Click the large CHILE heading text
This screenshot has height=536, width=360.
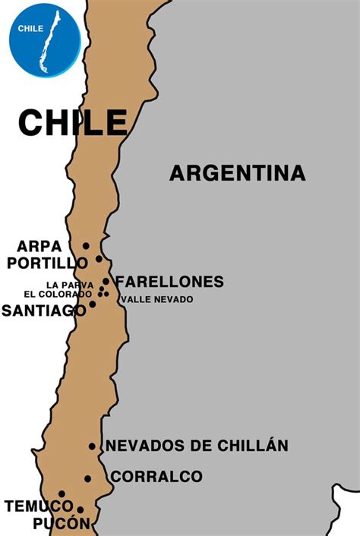73,122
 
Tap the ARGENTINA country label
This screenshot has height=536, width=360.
237,173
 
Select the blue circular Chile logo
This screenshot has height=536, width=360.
44,40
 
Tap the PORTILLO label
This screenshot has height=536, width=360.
48,262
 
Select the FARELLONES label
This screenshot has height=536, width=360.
169,282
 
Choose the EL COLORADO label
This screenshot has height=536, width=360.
58,294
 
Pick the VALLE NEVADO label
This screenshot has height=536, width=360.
156,299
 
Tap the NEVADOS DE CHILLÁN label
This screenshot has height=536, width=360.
197,446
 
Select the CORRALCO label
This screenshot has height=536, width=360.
156,477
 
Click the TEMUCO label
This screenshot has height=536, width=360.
31,506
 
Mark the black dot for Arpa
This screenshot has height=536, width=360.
86,246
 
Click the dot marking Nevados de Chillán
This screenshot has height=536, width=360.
92,446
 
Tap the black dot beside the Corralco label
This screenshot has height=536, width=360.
88,478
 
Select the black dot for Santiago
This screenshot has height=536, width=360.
93,304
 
